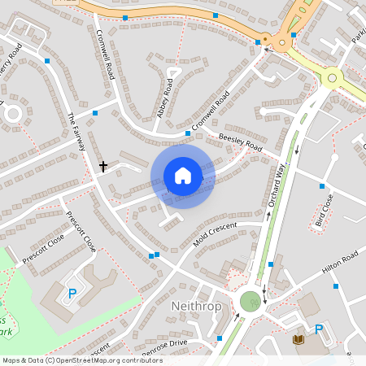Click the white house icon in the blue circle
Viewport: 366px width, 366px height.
[183, 176]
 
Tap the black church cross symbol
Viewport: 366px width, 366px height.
[103, 166]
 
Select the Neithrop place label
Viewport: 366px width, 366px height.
[196, 306]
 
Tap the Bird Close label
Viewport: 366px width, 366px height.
[323, 210]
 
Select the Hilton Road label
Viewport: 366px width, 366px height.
[340, 260]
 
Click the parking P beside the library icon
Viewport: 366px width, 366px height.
[319, 330]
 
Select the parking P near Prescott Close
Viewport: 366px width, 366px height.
[72, 293]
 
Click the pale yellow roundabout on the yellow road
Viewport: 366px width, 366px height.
[331, 78]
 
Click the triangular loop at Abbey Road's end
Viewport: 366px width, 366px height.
[172, 74]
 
